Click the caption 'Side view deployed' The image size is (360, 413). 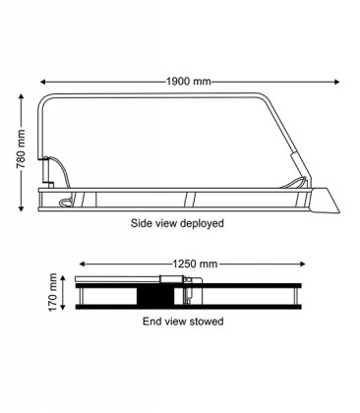tap(177, 224)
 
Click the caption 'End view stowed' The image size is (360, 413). tap(183, 322)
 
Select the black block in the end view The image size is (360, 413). tap(154, 296)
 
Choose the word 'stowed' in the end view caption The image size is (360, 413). tap(206, 322)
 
